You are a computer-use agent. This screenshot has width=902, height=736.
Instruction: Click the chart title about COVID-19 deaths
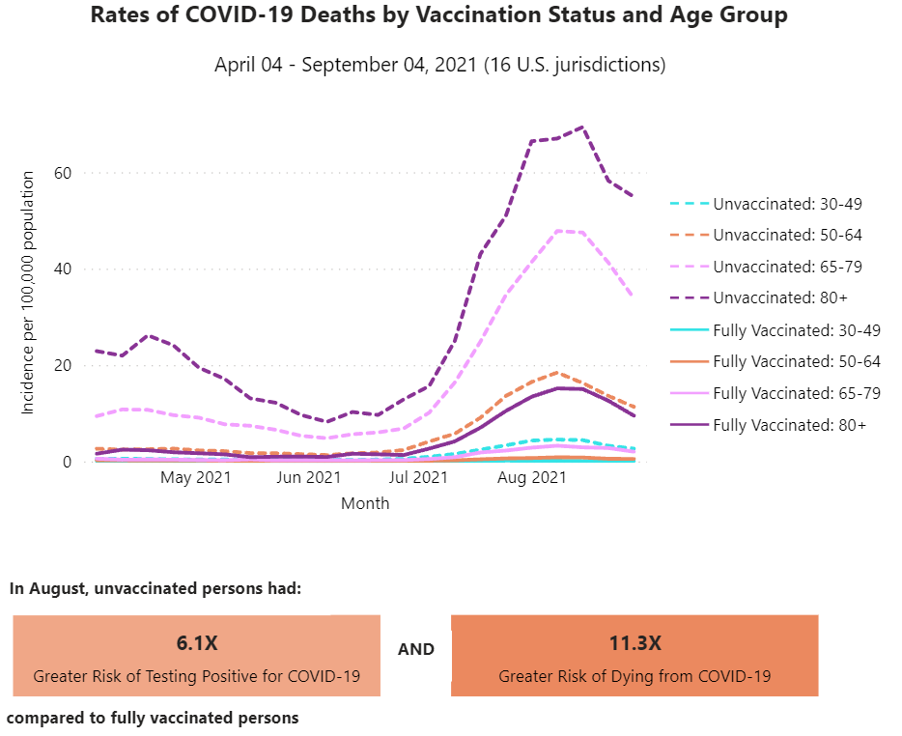click(x=438, y=15)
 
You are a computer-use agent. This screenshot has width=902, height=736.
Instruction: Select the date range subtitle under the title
click(x=439, y=66)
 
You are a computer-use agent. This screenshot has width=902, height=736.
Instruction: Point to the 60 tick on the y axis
click(x=63, y=173)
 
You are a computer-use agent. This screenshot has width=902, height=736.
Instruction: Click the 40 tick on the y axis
click(x=63, y=269)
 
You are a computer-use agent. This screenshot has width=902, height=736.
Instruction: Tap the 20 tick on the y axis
click(x=63, y=365)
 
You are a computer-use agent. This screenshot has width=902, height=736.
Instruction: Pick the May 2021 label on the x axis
click(x=196, y=477)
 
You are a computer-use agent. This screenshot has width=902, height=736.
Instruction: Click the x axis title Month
click(x=365, y=503)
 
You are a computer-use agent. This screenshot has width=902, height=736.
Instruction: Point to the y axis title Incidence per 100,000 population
click(x=28, y=293)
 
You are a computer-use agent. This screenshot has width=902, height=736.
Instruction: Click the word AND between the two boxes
click(x=416, y=649)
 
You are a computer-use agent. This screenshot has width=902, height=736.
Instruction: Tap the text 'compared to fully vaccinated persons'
click(x=154, y=718)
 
